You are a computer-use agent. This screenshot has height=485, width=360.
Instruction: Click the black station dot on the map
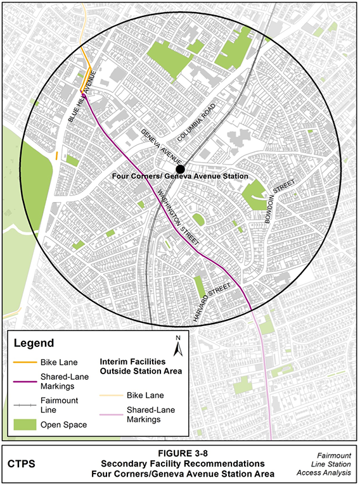tap(181, 169)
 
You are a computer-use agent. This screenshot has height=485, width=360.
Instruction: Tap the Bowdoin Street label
tap(281, 199)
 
